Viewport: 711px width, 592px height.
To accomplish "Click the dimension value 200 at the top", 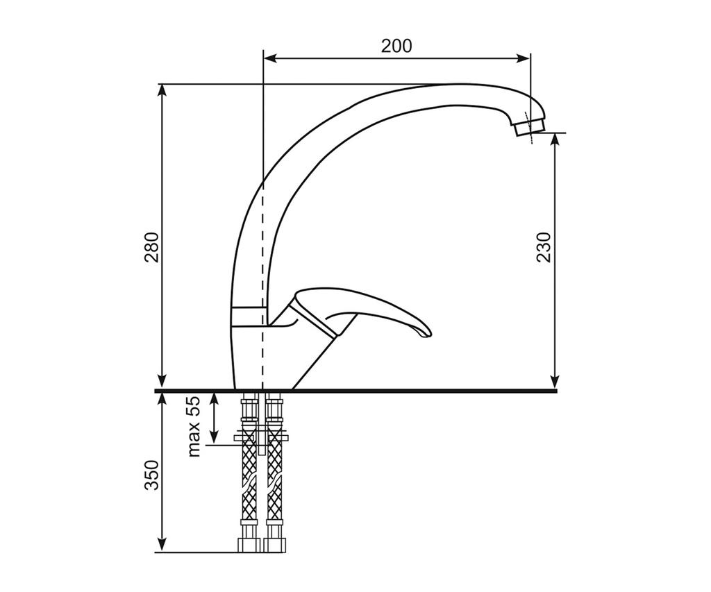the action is pyautogui.click(x=396, y=46).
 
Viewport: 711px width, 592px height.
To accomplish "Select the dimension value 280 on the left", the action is pyautogui.click(x=152, y=248).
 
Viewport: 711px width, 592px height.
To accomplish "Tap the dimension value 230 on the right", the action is pyautogui.click(x=543, y=248).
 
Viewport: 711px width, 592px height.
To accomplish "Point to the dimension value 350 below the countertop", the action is pyautogui.click(x=152, y=475).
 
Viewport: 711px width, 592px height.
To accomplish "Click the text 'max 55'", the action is pyautogui.click(x=194, y=427).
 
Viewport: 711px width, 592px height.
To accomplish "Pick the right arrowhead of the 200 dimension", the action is pyautogui.click(x=524, y=58).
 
